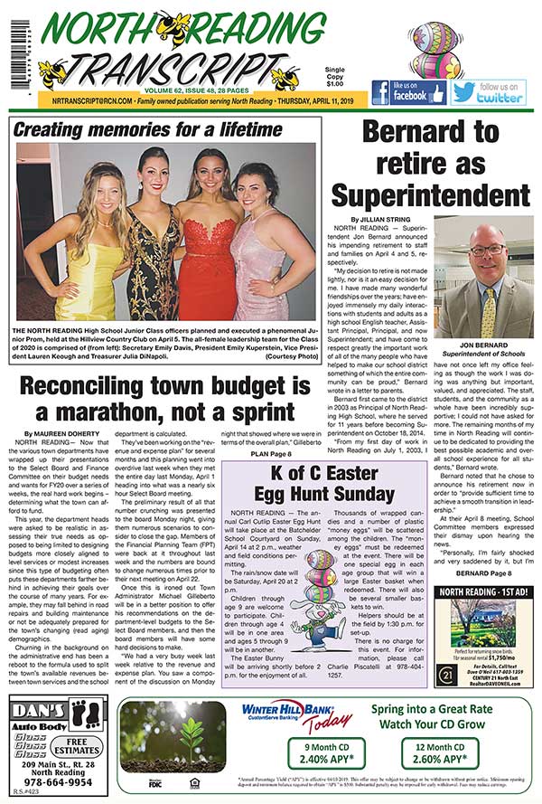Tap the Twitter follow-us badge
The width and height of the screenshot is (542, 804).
point(487,92)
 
